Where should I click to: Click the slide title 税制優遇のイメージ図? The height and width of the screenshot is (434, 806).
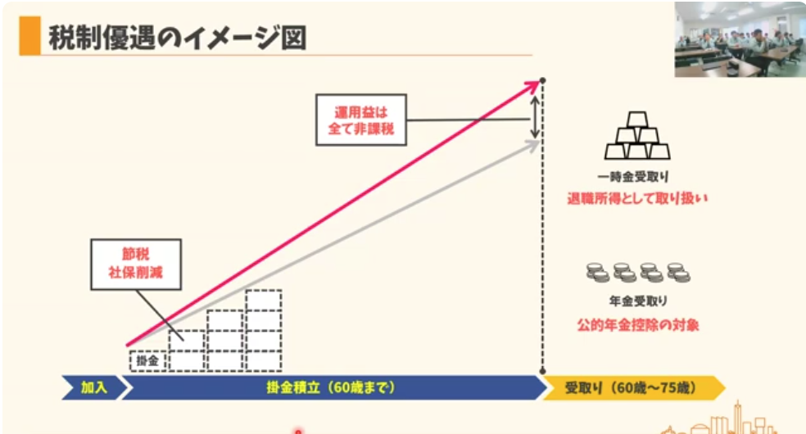pyautogui.click(x=177, y=38)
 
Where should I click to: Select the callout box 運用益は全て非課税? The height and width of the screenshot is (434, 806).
pyautogui.click(x=360, y=120)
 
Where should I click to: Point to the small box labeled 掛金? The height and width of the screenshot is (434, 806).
pyautogui.click(x=147, y=360)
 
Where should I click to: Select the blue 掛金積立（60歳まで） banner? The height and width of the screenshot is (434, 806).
pyautogui.click(x=332, y=387)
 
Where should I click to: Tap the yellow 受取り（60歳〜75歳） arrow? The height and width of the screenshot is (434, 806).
pyautogui.click(x=631, y=387)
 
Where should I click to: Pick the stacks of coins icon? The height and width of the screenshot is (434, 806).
pyautogui.click(x=638, y=273)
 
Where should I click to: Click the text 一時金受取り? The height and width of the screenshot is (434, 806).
pyautogui.click(x=637, y=176)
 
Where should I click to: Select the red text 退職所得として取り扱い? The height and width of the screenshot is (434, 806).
pyautogui.click(x=637, y=198)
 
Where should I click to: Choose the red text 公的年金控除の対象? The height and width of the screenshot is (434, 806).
pyautogui.click(x=638, y=324)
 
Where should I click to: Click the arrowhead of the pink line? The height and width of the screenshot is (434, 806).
pyautogui.click(x=537, y=82)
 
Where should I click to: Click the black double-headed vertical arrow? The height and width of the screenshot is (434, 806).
pyautogui.click(x=534, y=117)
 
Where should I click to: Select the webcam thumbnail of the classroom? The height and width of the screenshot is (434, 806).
pyautogui.click(x=739, y=39)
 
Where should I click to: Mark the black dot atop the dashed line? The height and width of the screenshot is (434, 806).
pyautogui.click(x=543, y=79)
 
